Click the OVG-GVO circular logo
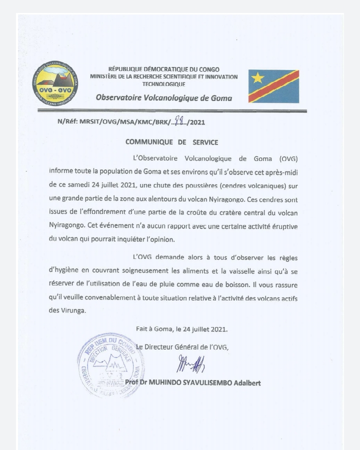55,83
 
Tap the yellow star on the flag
257,77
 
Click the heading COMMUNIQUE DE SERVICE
172,142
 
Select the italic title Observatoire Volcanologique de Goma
164,98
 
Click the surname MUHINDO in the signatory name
170,383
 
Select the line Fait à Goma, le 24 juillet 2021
182,329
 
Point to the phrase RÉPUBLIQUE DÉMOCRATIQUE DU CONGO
164,69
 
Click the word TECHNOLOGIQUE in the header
164,84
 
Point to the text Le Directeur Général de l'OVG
182,347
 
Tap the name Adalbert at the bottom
243,383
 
